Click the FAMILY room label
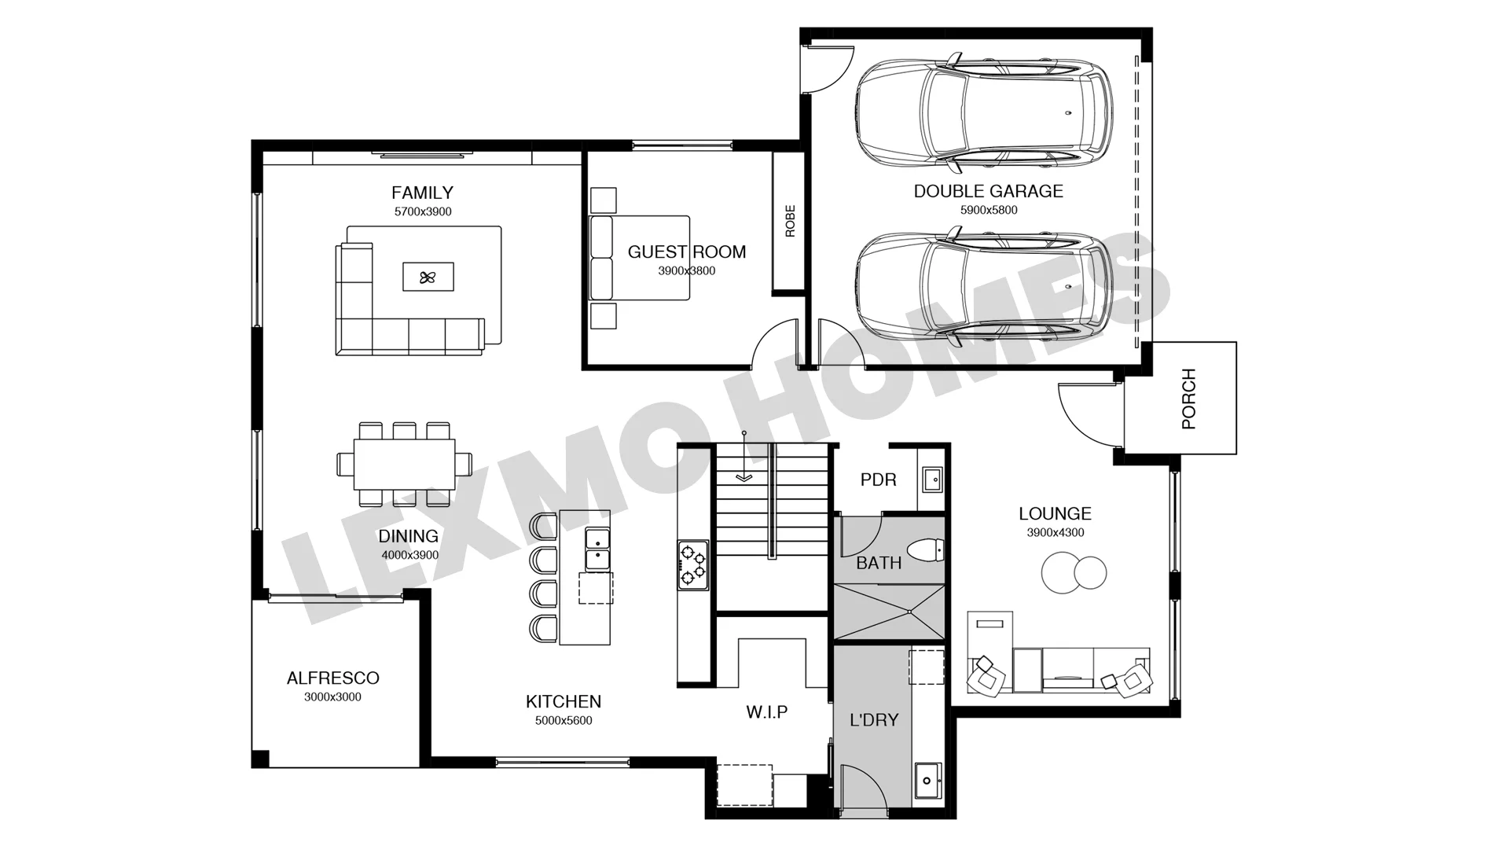coord(422,193)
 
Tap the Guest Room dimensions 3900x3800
coord(686,271)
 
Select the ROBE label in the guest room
coord(790,221)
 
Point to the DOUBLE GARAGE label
coord(988,191)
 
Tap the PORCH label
coord(1188,399)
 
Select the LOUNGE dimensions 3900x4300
coord(1055,533)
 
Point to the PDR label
coord(878,480)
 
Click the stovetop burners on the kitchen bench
coord(692,564)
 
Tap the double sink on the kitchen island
coord(597,549)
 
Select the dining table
coord(405,464)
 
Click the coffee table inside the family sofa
coord(428,277)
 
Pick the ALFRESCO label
coord(332,678)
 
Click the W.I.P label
coord(766,712)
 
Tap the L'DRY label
coord(874,720)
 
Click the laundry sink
coord(928,781)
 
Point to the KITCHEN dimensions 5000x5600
coord(564,721)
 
